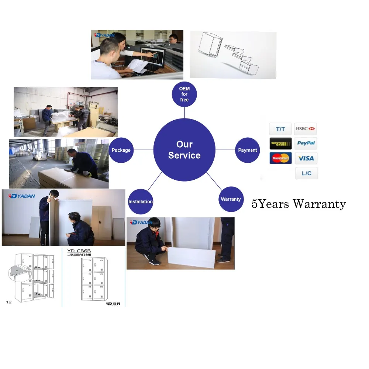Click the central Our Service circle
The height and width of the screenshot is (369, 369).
(184, 150)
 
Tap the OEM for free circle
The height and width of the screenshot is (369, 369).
(184, 94)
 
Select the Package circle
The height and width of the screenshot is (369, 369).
(121, 150)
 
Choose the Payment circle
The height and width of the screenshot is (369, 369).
(247, 150)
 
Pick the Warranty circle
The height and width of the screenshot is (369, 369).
(231, 199)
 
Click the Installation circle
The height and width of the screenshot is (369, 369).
(140, 201)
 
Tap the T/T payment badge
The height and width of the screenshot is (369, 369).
(280, 129)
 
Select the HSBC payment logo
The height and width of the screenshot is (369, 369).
(306, 129)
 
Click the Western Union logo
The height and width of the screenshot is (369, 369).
(281, 143)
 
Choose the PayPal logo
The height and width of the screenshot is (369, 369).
(306, 143)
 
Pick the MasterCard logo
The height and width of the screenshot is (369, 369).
(281, 158)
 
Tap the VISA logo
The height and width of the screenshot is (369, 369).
(306, 158)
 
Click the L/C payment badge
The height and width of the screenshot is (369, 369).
(306, 173)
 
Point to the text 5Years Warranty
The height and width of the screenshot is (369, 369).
(299, 204)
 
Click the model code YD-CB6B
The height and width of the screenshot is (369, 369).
(79, 251)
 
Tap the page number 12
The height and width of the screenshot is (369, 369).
(9, 302)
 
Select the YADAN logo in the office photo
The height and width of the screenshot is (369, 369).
(105, 35)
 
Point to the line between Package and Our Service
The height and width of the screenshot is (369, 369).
(143, 150)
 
